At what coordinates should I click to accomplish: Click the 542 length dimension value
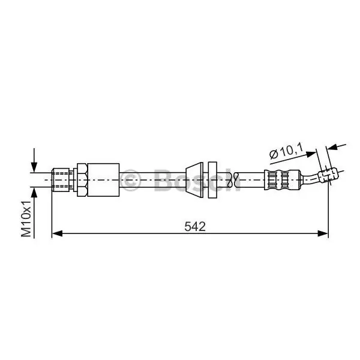[x=195, y=227]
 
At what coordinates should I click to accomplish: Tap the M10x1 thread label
[x=26, y=218]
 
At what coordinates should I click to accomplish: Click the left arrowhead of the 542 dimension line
[x=57, y=234]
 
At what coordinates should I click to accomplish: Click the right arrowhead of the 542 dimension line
[x=323, y=234]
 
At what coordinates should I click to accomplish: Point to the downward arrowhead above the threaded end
[x=34, y=167]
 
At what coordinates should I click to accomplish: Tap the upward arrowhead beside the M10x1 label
[x=34, y=193]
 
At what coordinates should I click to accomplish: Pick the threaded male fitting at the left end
[x=61, y=180]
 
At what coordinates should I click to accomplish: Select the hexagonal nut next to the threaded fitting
[x=82, y=180]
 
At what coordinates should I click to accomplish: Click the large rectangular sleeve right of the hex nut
[x=104, y=180]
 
